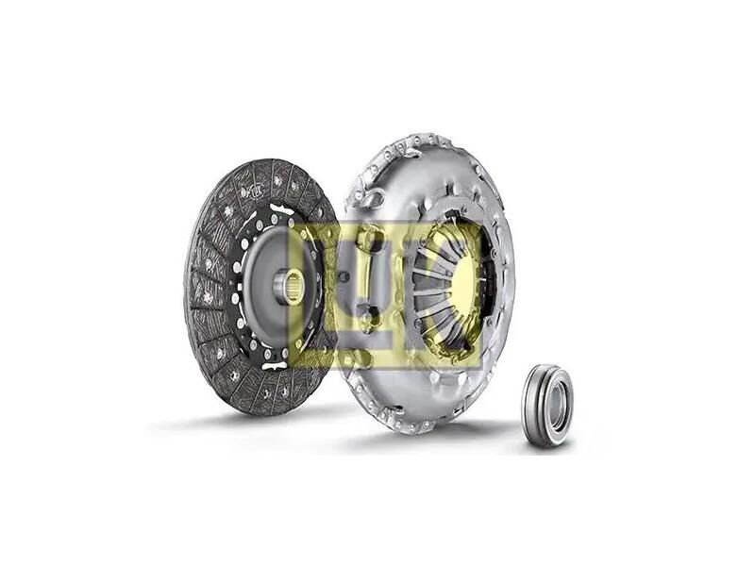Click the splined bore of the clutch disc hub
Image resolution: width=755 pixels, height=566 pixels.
(293, 287)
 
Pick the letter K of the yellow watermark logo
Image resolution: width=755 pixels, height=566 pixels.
(443, 293)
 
